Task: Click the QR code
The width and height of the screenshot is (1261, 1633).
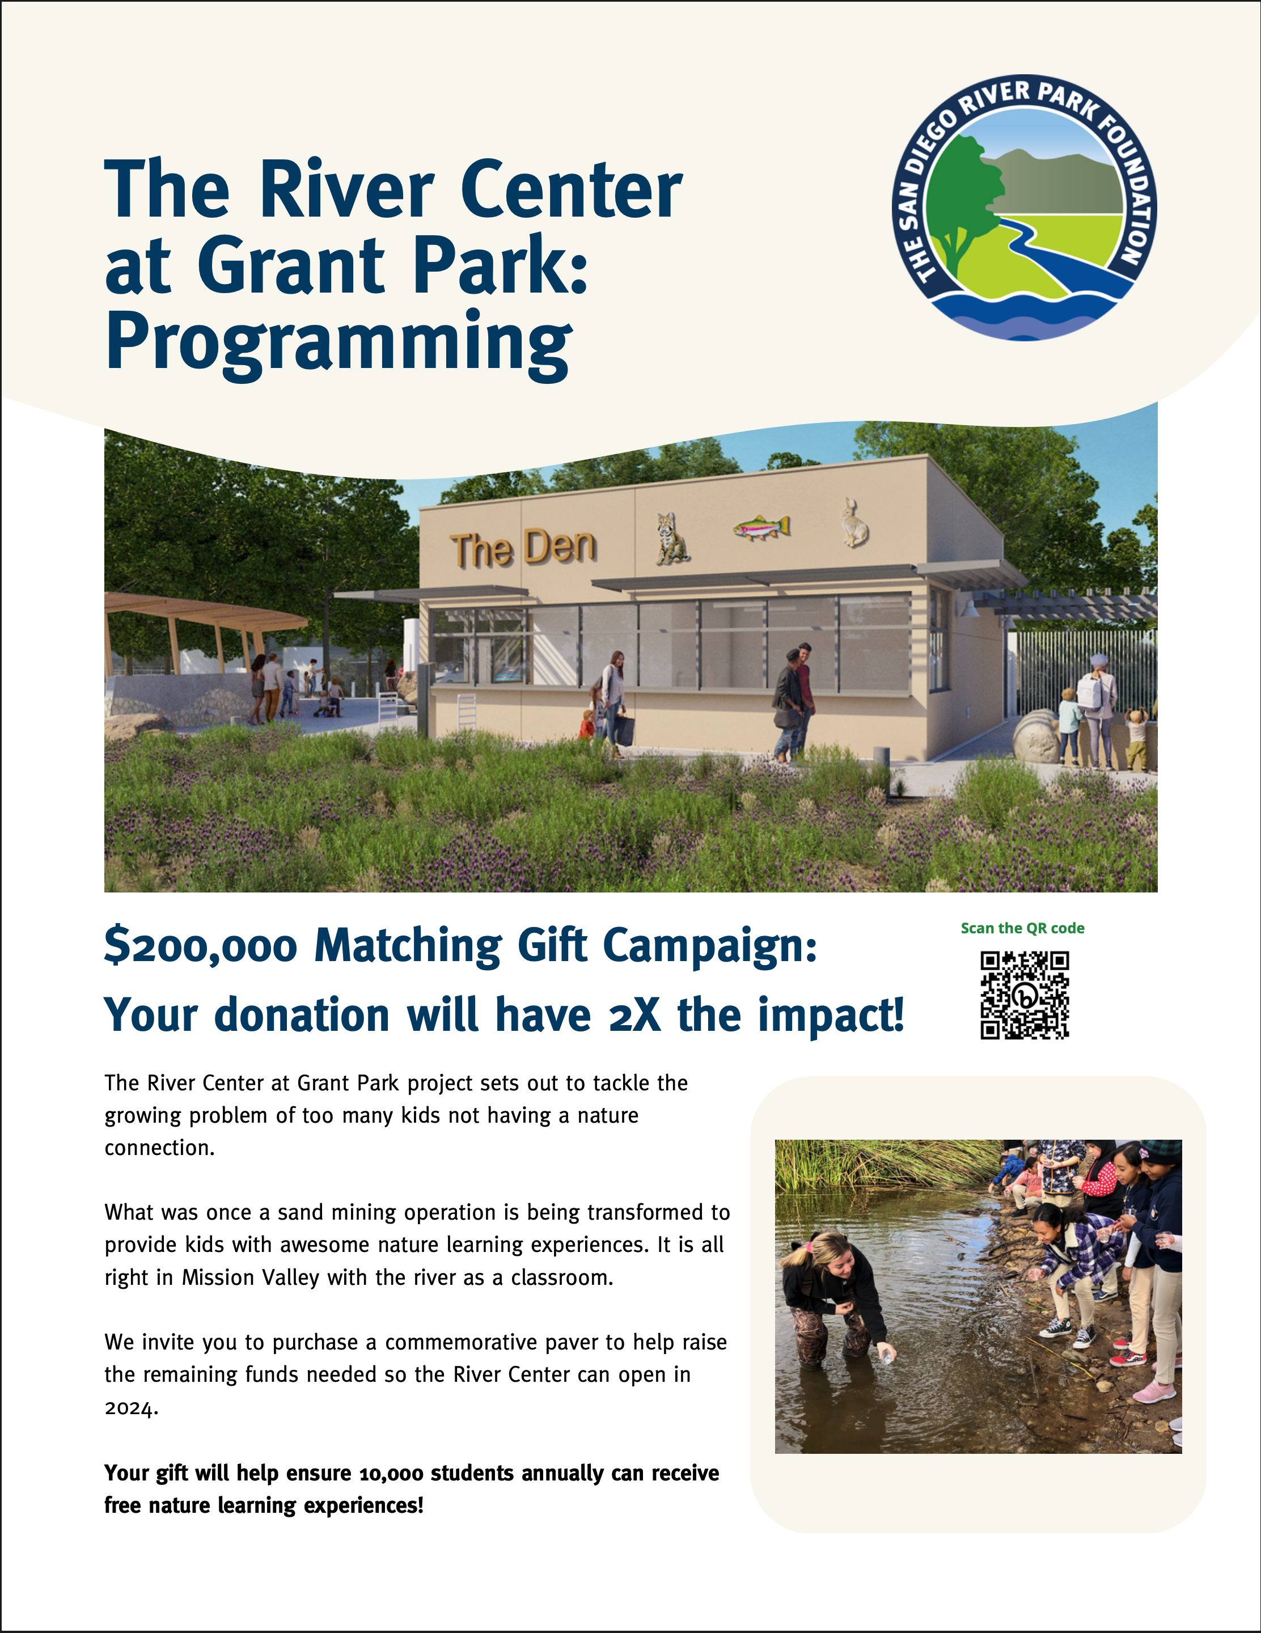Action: pyautogui.click(x=1025, y=995)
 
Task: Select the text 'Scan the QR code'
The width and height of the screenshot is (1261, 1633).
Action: pyautogui.click(x=1022, y=928)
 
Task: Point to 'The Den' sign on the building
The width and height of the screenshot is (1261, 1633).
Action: pyautogui.click(x=523, y=548)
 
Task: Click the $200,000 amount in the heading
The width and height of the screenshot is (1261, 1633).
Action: pyautogui.click(x=200, y=946)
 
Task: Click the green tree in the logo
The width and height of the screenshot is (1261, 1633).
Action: pyautogui.click(x=961, y=202)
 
